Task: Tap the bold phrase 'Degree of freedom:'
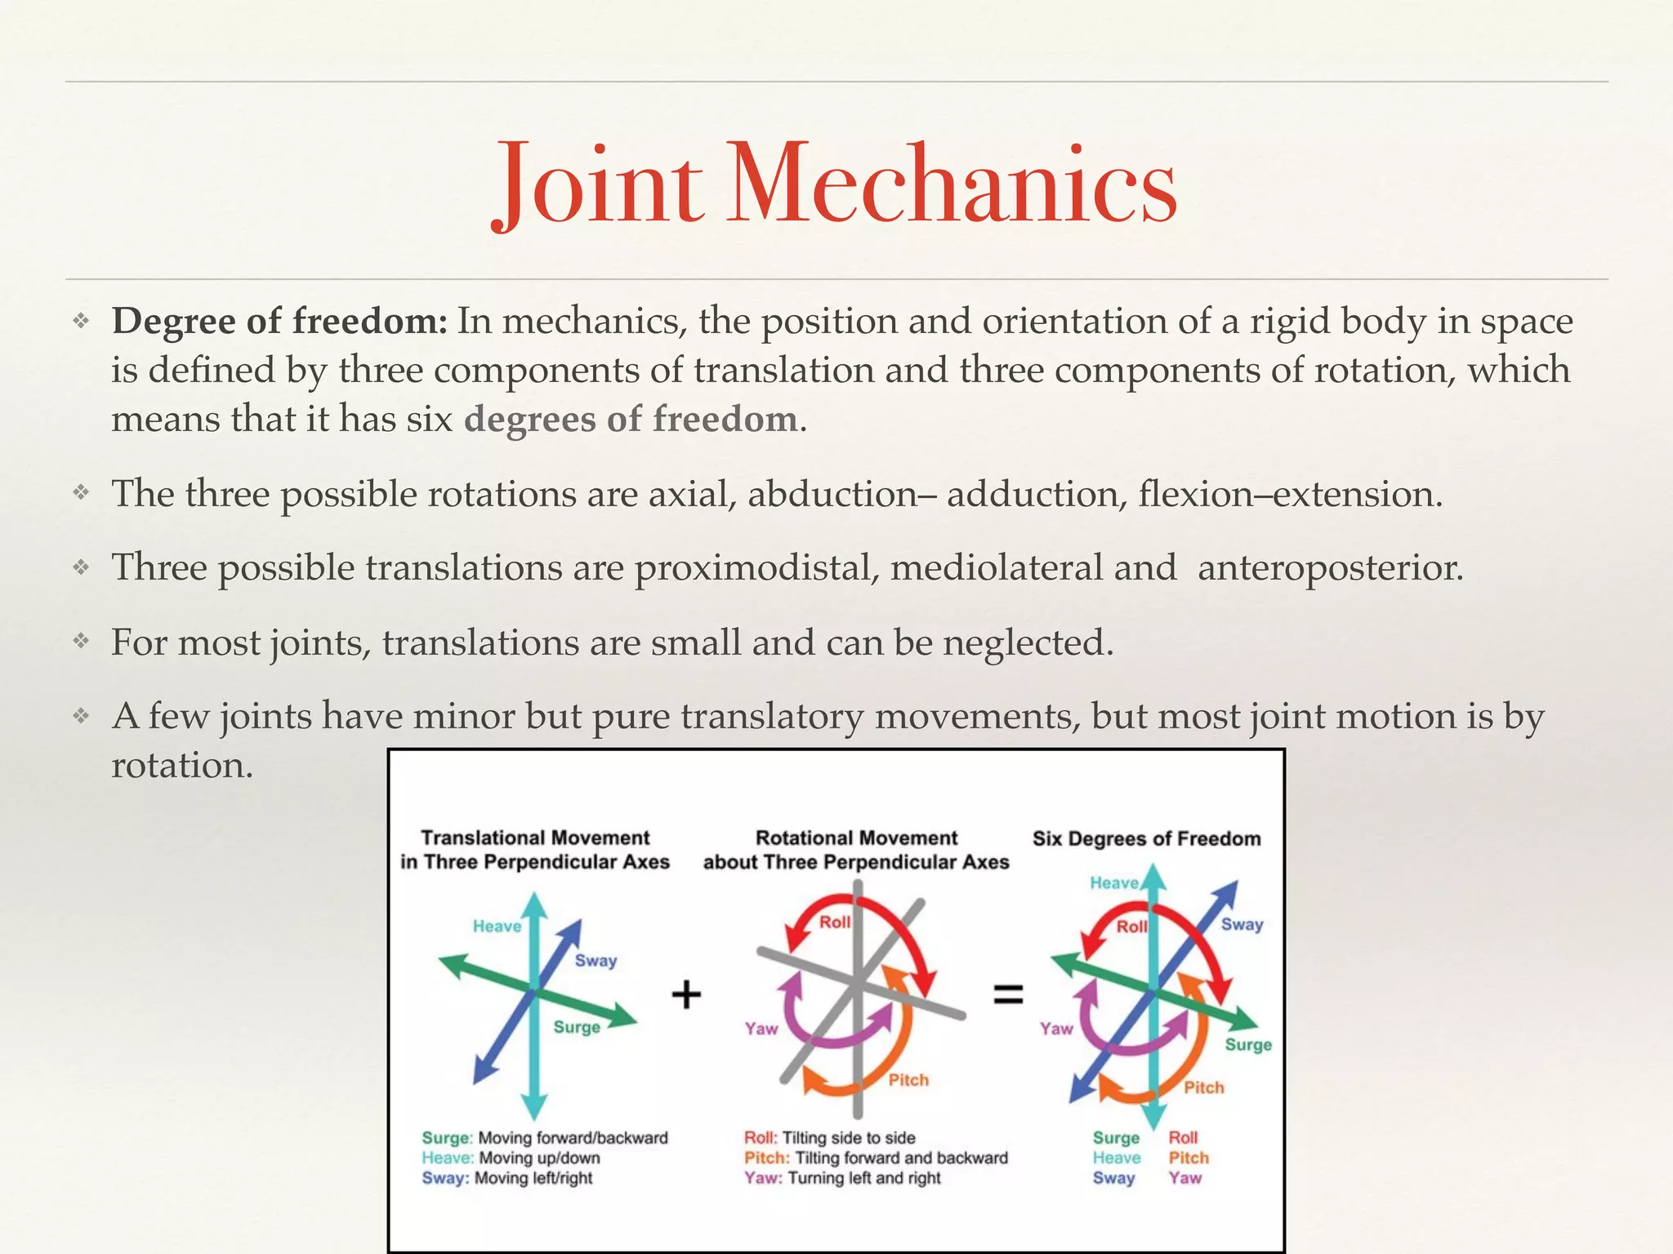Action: tap(279, 322)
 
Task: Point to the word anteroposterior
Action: tap(1330, 568)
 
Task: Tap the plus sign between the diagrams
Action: tap(686, 994)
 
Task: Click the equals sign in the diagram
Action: tap(1008, 994)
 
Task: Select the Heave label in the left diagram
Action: tap(497, 926)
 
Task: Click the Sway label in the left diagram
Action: tap(596, 961)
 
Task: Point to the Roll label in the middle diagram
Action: tap(835, 923)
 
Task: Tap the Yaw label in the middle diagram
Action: tap(761, 1029)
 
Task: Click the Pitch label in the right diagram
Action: tap(1204, 1087)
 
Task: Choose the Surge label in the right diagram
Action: tap(1248, 1045)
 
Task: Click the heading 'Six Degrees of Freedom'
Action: tap(1146, 839)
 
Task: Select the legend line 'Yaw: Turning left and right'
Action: tap(842, 1178)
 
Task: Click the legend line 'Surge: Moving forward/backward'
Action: tap(545, 1138)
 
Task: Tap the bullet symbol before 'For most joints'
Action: tap(80, 642)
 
